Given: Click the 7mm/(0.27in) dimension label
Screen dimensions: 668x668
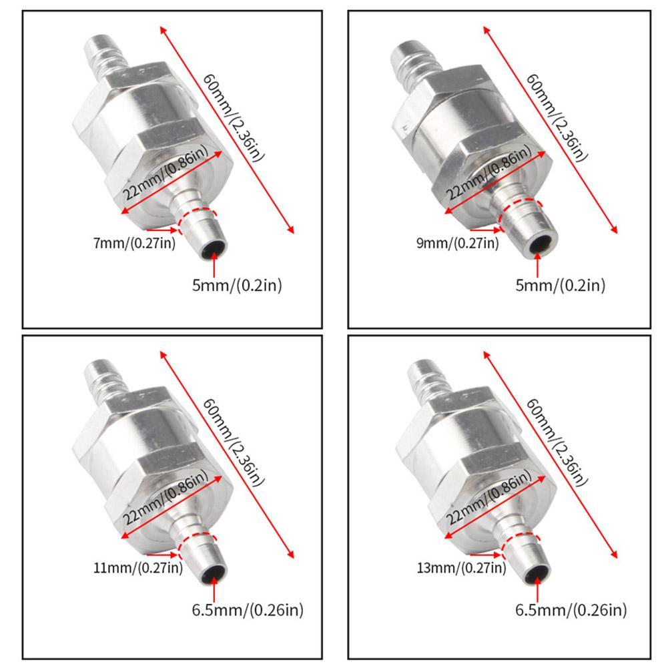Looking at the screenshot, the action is click(134, 244).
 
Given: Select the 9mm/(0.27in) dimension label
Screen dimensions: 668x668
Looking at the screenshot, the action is click(458, 244).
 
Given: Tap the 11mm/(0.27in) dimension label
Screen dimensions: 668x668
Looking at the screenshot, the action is click(138, 568).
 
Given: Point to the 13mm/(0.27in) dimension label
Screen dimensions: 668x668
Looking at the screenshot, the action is click(461, 568).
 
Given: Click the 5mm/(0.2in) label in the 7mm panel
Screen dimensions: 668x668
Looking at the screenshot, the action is click(237, 285).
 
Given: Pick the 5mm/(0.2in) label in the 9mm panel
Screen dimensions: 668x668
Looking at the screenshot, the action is click(560, 285).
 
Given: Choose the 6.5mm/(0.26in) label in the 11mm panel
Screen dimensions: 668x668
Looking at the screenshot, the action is click(248, 610).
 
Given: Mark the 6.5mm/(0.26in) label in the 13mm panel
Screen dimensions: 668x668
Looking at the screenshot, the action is click(571, 610).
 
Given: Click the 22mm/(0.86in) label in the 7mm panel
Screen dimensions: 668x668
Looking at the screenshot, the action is click(165, 173).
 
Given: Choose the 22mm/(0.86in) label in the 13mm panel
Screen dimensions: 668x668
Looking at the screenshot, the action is click(488, 497).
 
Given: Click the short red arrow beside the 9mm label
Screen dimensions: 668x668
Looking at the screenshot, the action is click(485, 230).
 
